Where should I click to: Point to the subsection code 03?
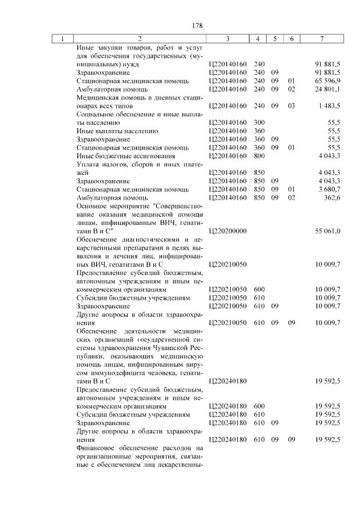291,106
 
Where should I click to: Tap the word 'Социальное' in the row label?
95,114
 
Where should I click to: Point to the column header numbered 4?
258,39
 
